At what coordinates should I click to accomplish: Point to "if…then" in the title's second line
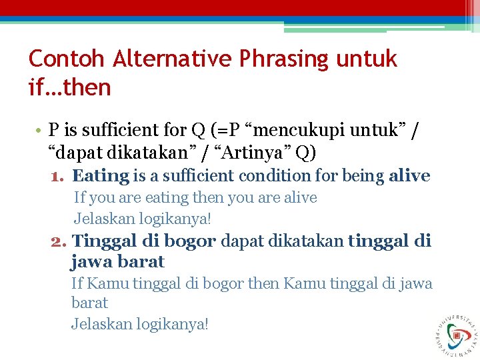click(x=69, y=87)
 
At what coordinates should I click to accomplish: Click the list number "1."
click(x=58, y=177)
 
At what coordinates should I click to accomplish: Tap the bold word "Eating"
click(x=101, y=176)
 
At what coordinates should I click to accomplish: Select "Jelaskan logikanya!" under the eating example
click(x=142, y=218)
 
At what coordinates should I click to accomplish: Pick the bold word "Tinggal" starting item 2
click(x=103, y=241)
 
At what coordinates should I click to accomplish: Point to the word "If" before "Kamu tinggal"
click(x=77, y=284)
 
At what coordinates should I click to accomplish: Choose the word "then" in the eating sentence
click(x=208, y=198)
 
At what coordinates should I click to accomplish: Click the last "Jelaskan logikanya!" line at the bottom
click(x=139, y=325)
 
